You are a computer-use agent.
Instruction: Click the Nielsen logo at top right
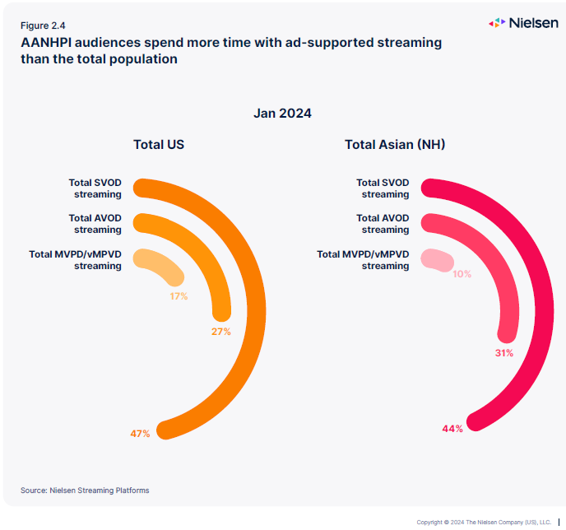[x=523, y=23]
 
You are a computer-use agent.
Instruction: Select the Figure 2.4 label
[x=44, y=26]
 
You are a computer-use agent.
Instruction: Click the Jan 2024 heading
[x=282, y=114]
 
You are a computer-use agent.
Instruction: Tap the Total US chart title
[x=159, y=145]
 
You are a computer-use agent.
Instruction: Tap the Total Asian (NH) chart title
[x=395, y=145]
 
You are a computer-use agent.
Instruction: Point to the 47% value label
[x=140, y=433]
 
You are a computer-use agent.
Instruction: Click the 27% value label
[x=220, y=332]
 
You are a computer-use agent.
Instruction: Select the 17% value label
[x=179, y=295]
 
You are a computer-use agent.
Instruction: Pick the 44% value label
[x=452, y=428]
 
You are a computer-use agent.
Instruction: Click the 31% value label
[x=504, y=353]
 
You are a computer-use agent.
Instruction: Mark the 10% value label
[x=462, y=274]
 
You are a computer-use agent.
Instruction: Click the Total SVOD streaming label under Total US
[x=95, y=188]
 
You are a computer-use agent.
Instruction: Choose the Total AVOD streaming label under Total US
[x=95, y=224]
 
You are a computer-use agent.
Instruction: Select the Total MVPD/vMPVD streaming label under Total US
[x=76, y=260]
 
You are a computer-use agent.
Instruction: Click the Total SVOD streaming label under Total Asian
[x=383, y=188]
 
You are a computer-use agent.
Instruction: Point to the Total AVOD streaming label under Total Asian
[x=383, y=224]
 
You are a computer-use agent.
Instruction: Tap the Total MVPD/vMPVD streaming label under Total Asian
[x=363, y=260]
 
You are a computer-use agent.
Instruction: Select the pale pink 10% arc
[x=437, y=259]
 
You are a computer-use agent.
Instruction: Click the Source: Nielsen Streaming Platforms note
[x=85, y=490]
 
